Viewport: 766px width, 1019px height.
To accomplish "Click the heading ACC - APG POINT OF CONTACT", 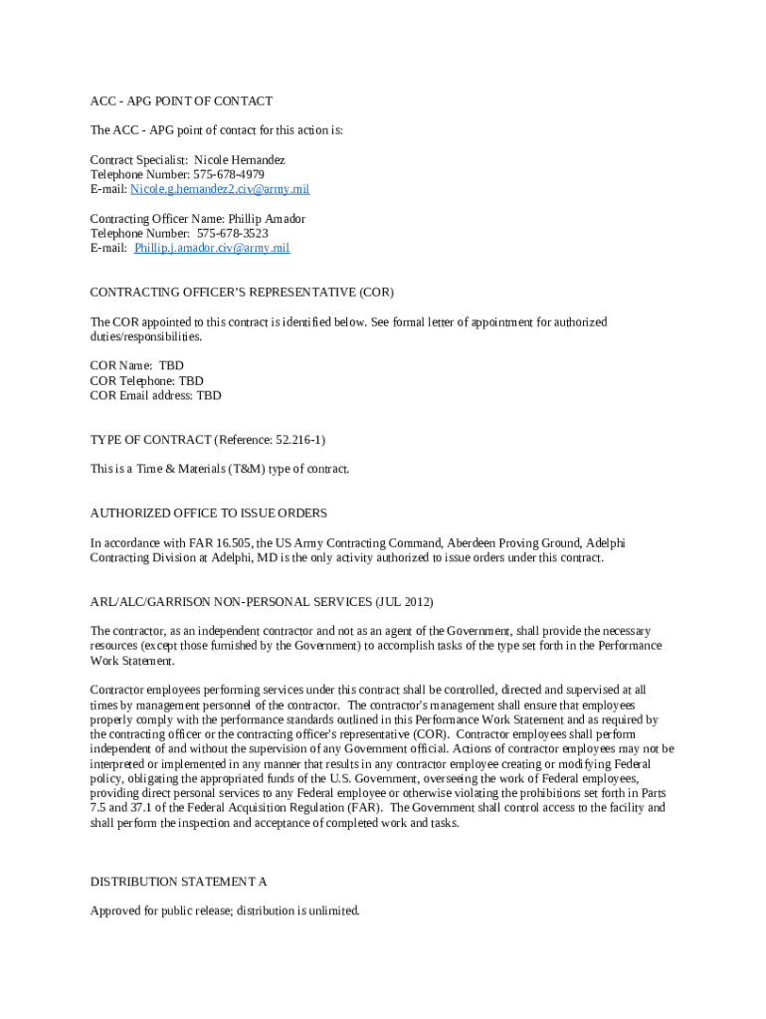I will [181, 102].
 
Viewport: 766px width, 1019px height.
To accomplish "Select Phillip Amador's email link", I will [212, 248].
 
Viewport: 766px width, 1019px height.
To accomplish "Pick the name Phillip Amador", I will [267, 218].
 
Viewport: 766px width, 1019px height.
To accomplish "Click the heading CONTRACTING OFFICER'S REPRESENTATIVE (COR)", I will [242, 293].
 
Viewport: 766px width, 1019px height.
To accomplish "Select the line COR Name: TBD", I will [137, 365].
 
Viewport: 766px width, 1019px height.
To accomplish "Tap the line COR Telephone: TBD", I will [146, 380].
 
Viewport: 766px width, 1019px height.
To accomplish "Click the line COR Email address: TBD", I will [156, 395].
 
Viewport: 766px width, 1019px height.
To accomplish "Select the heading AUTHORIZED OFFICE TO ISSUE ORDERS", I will [209, 513].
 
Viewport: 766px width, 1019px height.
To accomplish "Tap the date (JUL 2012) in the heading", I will [404, 602].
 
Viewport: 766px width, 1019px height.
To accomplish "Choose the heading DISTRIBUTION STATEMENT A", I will [179, 882].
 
